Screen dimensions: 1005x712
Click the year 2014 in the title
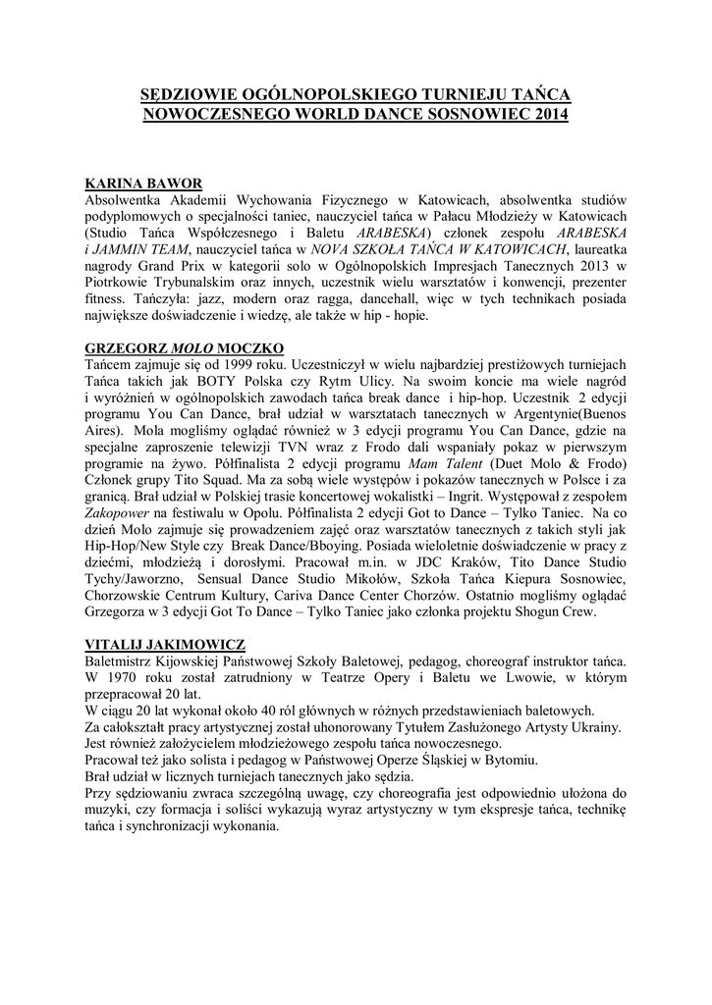click(546, 114)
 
